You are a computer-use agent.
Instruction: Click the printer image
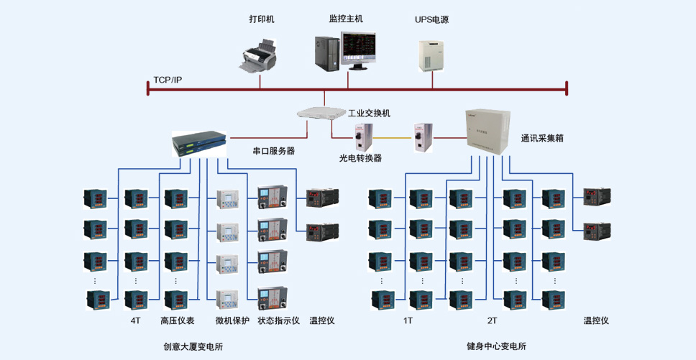pos(260,57)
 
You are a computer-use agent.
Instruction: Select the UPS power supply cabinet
pos(431,55)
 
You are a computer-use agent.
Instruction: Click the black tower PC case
pos(326,53)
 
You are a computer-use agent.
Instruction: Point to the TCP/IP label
pos(168,80)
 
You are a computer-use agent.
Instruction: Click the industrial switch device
pos(321,112)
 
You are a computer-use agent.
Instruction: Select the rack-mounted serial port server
pos(199,144)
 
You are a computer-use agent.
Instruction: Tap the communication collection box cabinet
pos(487,131)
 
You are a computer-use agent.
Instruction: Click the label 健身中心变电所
pos(496,346)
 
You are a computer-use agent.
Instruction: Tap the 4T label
pos(135,320)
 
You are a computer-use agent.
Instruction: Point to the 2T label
pos(492,320)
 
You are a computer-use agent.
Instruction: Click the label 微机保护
pos(232,320)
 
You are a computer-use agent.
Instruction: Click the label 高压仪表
pos(178,320)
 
